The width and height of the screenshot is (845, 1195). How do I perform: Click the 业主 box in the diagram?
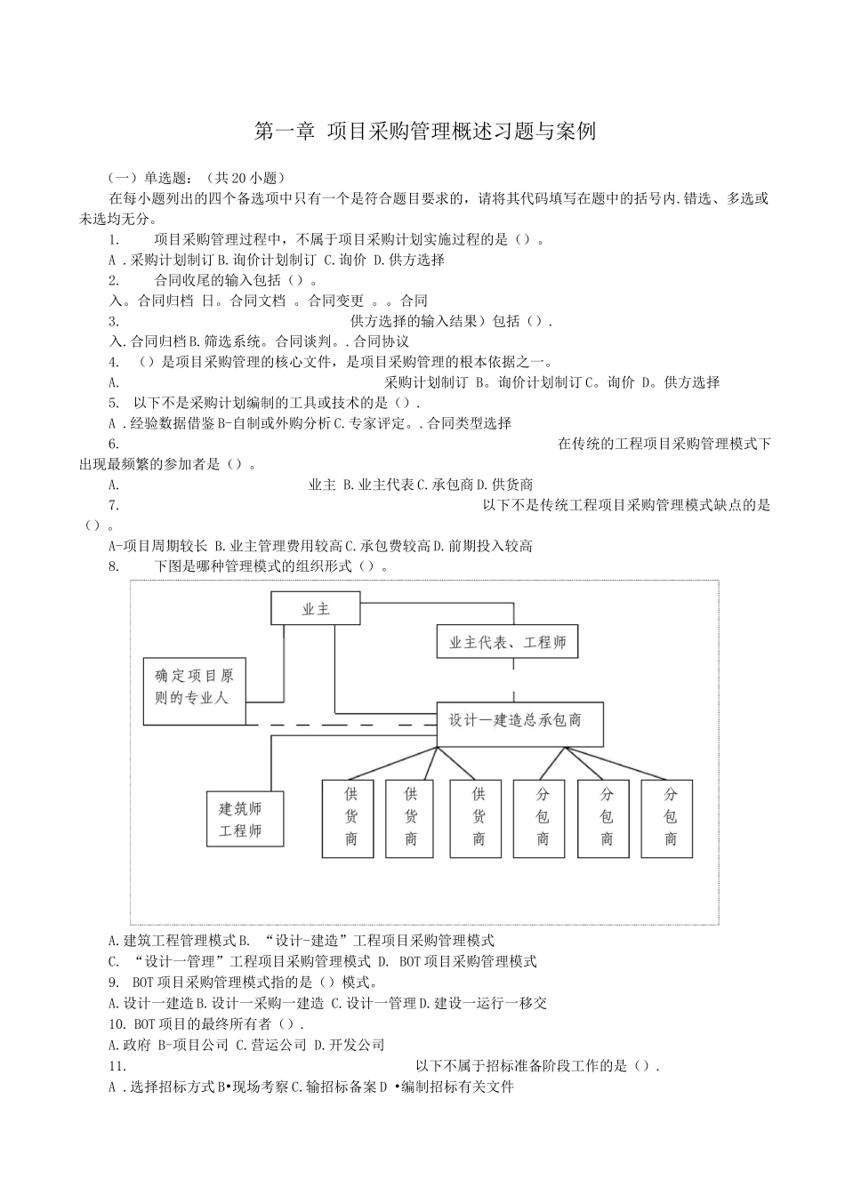pyautogui.click(x=316, y=609)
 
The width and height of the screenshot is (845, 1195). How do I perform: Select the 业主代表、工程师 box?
pyautogui.click(x=507, y=642)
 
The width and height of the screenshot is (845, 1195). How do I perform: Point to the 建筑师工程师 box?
pyautogui.click(x=245, y=819)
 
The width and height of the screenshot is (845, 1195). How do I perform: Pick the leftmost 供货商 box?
pyautogui.click(x=351, y=819)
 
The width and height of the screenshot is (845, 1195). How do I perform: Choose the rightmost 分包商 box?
pyautogui.click(x=672, y=819)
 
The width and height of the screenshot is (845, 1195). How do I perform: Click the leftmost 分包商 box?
pyautogui.click(x=543, y=819)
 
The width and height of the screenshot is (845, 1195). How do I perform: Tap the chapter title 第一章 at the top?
pyautogui.click(x=285, y=132)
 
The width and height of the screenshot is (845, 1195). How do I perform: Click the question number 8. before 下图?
pyautogui.click(x=114, y=566)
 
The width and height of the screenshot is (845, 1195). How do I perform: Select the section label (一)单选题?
pyautogui.click(x=148, y=178)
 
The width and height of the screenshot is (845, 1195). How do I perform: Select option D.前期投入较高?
pyautogui.click(x=491, y=546)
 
